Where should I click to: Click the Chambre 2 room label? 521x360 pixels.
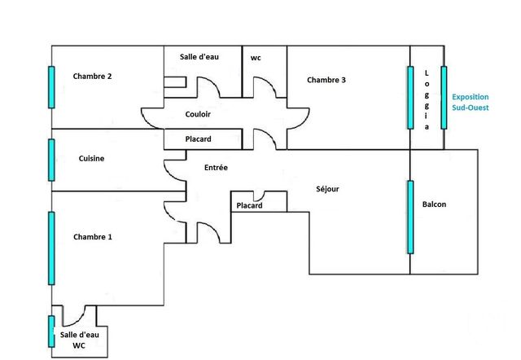(92, 77)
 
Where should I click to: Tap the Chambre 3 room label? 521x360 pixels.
(326, 80)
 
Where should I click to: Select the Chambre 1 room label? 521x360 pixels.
(92, 237)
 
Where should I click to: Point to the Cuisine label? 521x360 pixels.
(92, 159)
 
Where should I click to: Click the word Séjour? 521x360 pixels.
(327, 189)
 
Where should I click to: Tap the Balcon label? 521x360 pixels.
(434, 204)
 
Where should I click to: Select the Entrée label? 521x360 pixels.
(216, 167)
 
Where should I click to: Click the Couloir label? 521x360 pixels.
(199, 115)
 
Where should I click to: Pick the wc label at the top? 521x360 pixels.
(256, 58)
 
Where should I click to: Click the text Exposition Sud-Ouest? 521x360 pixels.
(471, 101)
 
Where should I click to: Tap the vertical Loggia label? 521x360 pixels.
(426, 100)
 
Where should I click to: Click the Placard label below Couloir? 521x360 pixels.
(199, 139)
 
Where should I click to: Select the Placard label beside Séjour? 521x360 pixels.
(250, 206)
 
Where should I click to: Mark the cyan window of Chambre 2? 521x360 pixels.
(51, 87)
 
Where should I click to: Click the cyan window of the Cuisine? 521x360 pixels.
(51, 159)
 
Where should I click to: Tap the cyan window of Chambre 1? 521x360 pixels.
(51, 248)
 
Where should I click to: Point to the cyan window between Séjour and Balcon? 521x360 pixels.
(409, 217)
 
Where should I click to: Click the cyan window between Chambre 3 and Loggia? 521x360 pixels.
(409, 96)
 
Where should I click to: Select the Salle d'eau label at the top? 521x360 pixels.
(199, 57)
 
